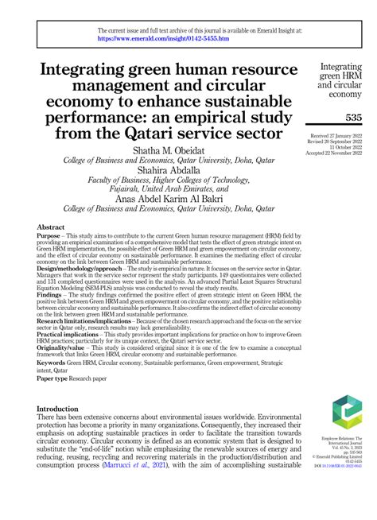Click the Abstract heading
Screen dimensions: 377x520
(51, 227)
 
